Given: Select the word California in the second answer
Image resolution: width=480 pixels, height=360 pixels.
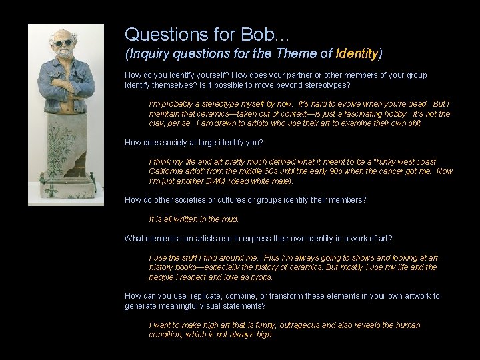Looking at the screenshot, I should (x=166, y=171).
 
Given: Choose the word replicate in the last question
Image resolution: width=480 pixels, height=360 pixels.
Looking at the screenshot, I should (x=192, y=296).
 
